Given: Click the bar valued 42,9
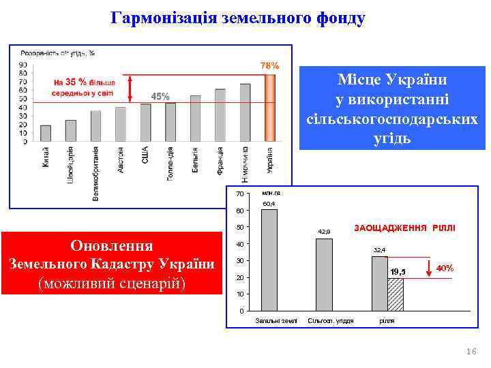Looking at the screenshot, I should [324, 274].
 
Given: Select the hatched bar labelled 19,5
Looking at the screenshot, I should [396, 294].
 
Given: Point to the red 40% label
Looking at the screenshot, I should [445, 268].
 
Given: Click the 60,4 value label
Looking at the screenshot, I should [269, 204].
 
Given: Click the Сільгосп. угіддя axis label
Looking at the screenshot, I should [331, 320].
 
